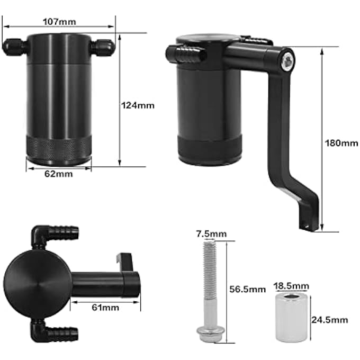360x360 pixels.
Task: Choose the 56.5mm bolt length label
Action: [x=248, y=289]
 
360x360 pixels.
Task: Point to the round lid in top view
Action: [x=37, y=281]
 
